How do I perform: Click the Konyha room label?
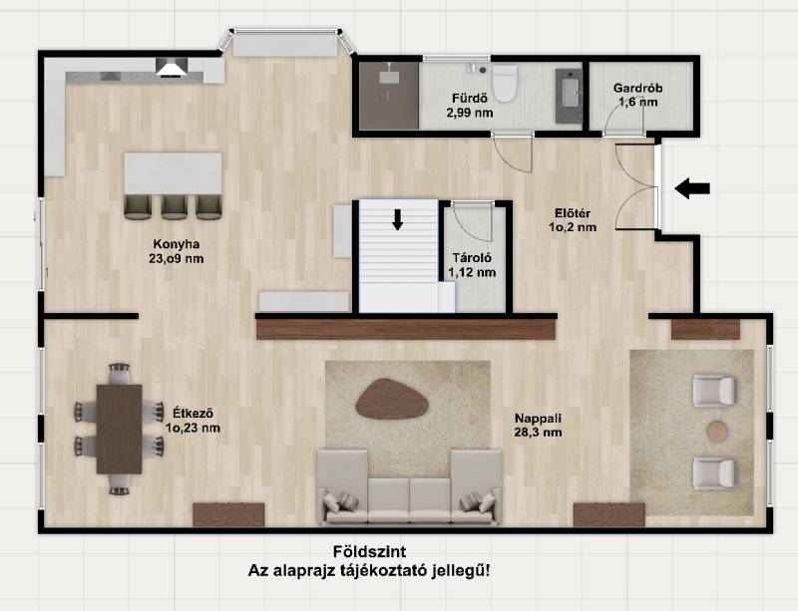177,245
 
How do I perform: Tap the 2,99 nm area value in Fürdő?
470,113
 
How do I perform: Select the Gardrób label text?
637,88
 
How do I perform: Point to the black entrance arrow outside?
692,188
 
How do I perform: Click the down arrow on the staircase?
397,219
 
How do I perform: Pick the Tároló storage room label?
472,258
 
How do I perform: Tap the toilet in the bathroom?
505,83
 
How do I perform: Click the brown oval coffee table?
392,400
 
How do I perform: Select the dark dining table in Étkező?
119,429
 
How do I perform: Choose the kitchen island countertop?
173,173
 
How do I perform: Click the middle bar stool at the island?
174,207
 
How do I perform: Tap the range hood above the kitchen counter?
172,67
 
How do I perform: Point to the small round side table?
718,431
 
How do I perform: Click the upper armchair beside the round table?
714,391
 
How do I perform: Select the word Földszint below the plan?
369,551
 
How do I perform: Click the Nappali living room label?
538,419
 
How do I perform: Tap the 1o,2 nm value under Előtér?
573,227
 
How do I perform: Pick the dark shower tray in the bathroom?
389,95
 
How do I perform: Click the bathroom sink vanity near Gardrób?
569,96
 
